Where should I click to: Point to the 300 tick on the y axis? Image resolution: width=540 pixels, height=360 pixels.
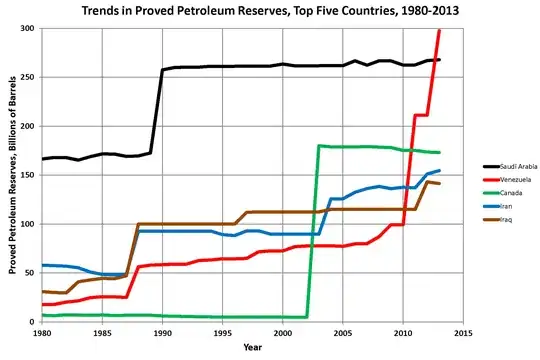29,28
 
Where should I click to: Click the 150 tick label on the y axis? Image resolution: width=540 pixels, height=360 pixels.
29,175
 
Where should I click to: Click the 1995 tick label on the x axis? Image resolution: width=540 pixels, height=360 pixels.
222,332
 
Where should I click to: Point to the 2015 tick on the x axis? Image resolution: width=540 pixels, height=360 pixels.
463,332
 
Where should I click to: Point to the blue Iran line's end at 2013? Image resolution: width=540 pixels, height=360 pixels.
439,170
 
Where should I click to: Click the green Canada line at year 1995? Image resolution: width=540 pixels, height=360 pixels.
222,317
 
